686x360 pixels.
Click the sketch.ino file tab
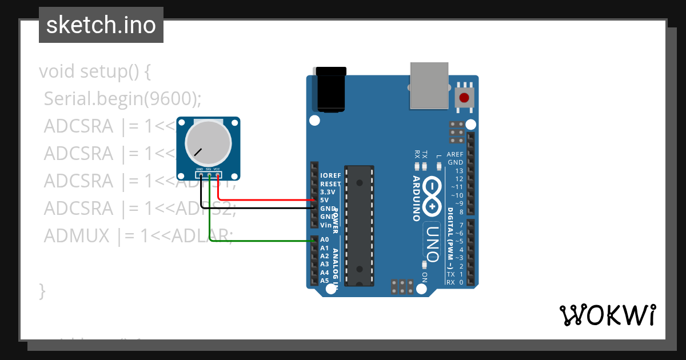pyautogui.click(x=101, y=25)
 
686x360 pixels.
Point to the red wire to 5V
pyautogui.click(x=269, y=200)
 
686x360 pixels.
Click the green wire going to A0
pyautogui.click(x=263, y=241)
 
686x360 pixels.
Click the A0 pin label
pyautogui.click(x=324, y=240)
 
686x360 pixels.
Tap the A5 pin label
pyautogui.click(x=324, y=281)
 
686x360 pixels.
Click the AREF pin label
pyautogui.click(x=455, y=155)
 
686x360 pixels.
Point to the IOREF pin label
pyautogui.click(x=330, y=175)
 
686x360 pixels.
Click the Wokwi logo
pyautogui.click(x=607, y=315)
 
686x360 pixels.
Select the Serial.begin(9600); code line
pyautogui.click(x=123, y=99)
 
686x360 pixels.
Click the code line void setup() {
pyautogui.click(x=95, y=72)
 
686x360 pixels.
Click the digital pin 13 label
pyautogui.click(x=459, y=171)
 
